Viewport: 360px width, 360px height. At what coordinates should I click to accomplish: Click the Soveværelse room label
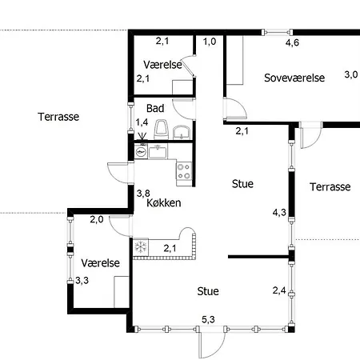click(x=294, y=78)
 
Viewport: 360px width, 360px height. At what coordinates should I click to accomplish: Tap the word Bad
click(x=155, y=108)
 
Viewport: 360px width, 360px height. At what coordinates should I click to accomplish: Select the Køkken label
click(x=164, y=203)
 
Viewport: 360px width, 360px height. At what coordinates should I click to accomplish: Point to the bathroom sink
click(x=182, y=133)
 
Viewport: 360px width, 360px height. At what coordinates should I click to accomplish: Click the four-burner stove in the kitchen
click(x=184, y=171)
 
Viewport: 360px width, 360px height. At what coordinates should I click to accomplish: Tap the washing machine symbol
click(x=141, y=152)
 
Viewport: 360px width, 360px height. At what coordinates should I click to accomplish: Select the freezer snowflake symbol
click(x=140, y=246)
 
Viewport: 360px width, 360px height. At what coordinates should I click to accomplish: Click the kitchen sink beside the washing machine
click(x=158, y=151)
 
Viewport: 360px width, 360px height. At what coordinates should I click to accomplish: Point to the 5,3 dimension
click(x=208, y=319)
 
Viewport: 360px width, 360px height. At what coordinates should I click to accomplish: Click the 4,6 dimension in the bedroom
click(x=292, y=42)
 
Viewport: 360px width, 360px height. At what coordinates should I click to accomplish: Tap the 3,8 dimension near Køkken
click(x=143, y=193)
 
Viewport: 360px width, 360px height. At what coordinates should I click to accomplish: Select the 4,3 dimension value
click(x=279, y=212)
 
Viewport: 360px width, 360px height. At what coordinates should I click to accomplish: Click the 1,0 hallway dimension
click(x=210, y=42)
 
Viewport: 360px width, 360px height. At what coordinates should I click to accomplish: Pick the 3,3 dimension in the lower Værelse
click(x=82, y=281)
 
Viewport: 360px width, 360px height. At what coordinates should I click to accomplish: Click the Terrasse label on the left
click(x=58, y=117)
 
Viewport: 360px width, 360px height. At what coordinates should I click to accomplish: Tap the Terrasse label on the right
click(x=330, y=186)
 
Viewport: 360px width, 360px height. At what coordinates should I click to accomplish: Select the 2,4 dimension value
click(x=279, y=290)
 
